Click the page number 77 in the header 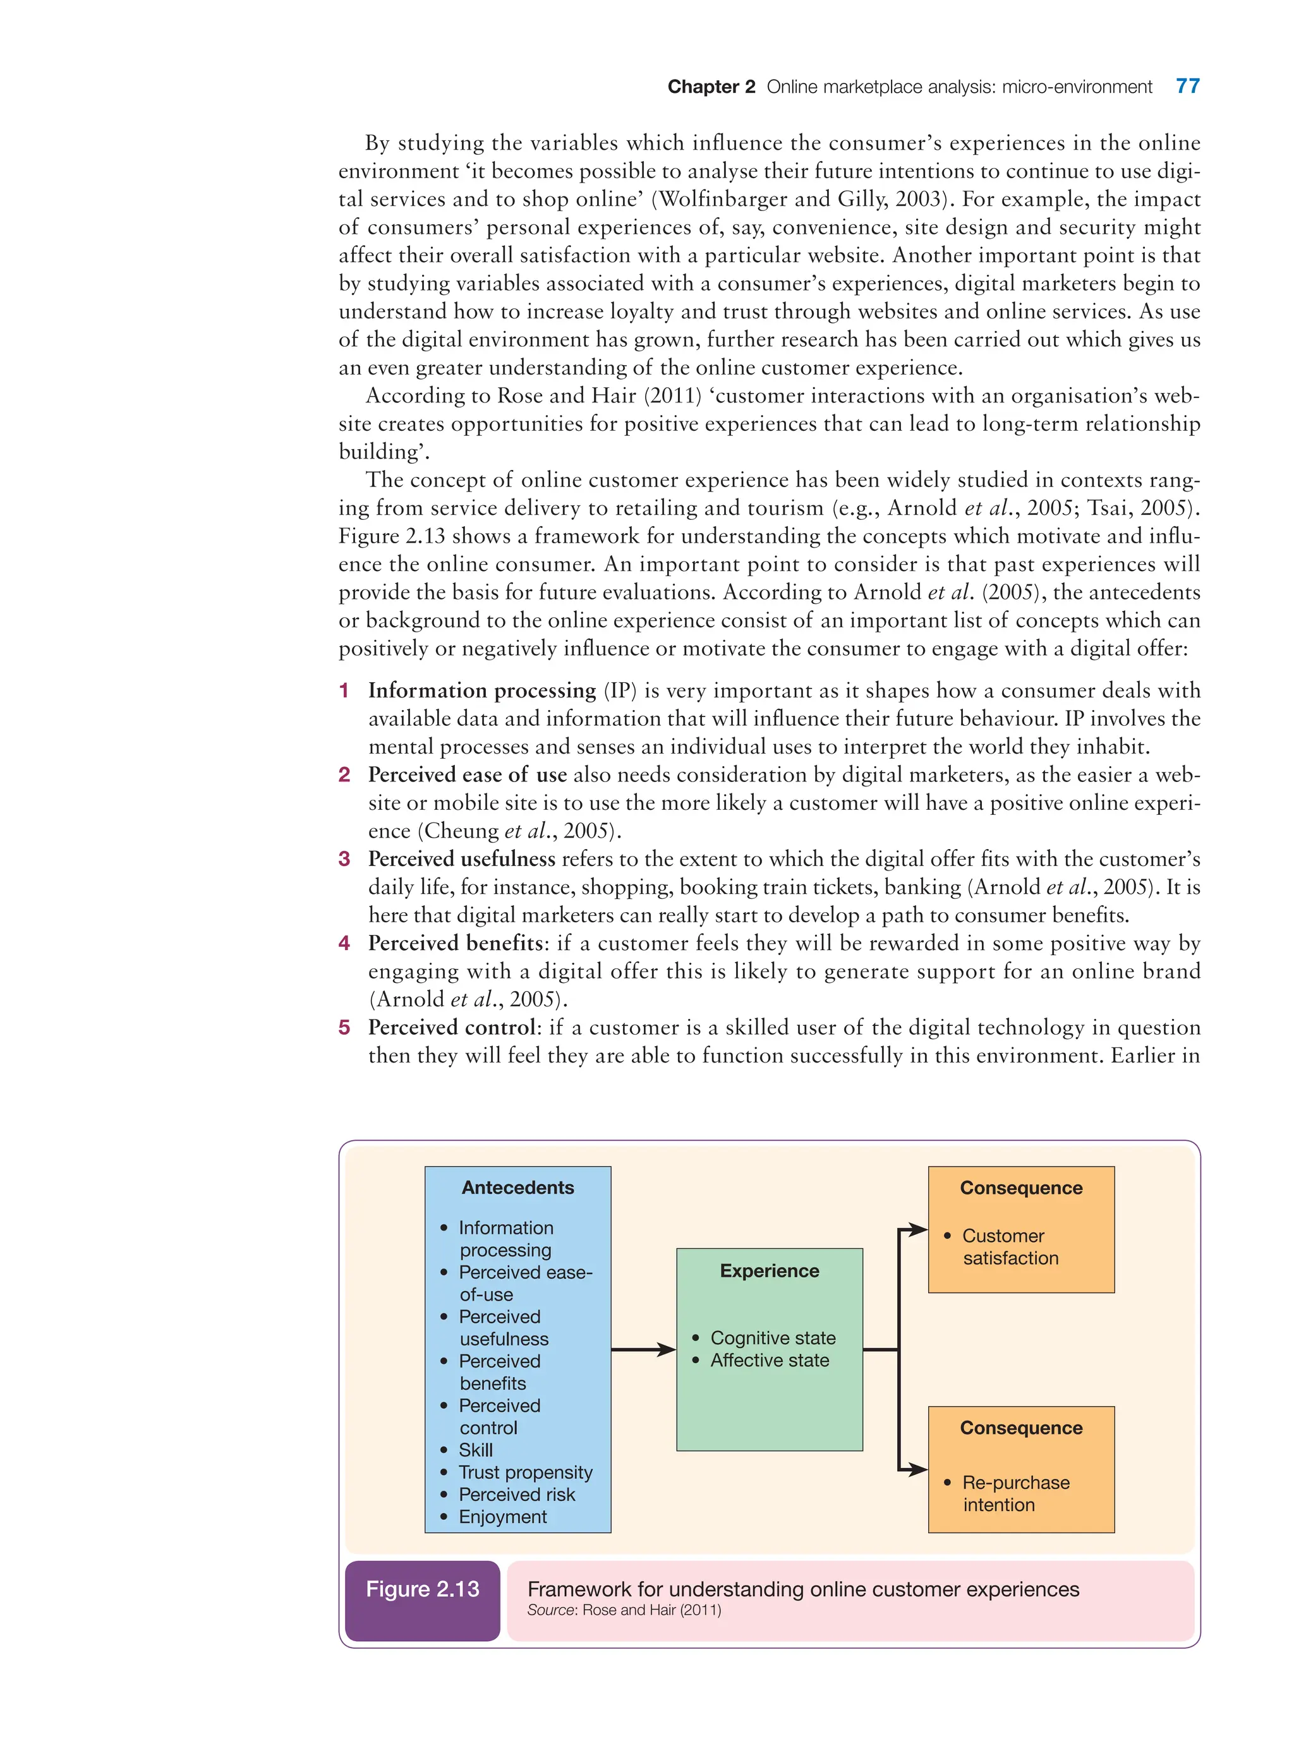[1187, 86]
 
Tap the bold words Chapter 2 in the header [710, 87]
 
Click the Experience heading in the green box [769, 1270]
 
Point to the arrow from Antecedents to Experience [643, 1349]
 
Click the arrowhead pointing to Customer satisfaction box [918, 1229]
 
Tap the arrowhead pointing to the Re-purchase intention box [918, 1469]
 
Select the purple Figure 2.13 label [422, 1589]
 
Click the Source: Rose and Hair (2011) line [624, 1610]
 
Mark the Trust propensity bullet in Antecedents [525, 1472]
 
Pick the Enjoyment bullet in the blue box [502, 1517]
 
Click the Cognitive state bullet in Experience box [772, 1337]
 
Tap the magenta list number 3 [344, 859]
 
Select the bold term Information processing [481, 690]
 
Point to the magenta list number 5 [344, 1027]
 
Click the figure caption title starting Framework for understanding [803, 1589]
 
